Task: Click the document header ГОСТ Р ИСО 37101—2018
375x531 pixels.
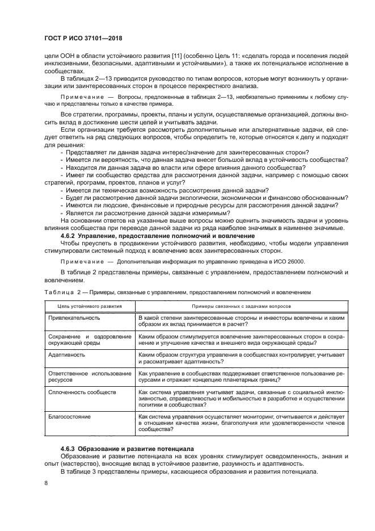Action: (83, 38)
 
